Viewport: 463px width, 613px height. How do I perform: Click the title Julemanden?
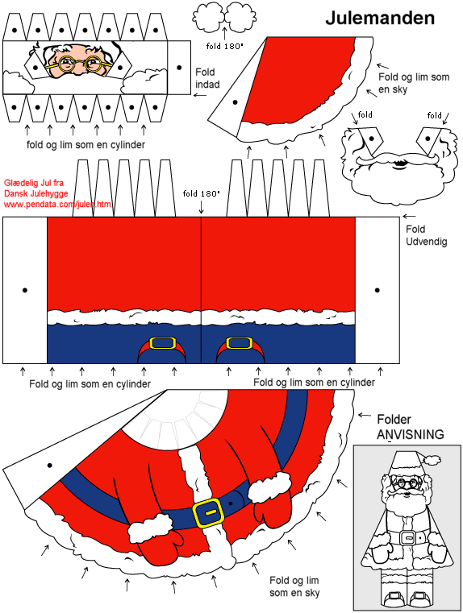[x=380, y=18]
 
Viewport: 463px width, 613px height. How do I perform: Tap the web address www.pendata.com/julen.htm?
[x=57, y=204]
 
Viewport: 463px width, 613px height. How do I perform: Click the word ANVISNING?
[x=411, y=434]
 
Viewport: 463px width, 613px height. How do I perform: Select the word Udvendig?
[x=426, y=242]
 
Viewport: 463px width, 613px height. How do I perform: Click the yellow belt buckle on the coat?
[x=207, y=513]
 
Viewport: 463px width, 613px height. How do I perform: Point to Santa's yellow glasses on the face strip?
[x=79, y=64]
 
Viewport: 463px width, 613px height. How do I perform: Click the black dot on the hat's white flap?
[x=235, y=102]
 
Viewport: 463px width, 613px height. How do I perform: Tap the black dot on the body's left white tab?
[x=25, y=290]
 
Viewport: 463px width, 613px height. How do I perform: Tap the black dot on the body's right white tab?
[x=377, y=290]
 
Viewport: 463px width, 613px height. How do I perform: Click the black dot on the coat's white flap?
[x=50, y=466]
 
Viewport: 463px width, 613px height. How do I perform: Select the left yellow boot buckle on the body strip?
[x=163, y=343]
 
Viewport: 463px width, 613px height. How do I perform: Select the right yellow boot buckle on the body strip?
[x=239, y=343]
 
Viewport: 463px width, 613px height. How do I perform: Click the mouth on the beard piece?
[x=399, y=164]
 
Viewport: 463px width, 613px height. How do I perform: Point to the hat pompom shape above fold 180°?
[x=224, y=17]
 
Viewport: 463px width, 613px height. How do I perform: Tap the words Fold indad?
[x=206, y=78]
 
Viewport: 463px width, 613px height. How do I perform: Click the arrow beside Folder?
[x=365, y=415]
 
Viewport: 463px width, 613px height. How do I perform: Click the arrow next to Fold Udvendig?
[x=409, y=216]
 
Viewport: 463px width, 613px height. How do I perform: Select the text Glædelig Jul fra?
[x=34, y=183]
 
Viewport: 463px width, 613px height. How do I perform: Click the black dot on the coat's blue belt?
[x=231, y=503]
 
